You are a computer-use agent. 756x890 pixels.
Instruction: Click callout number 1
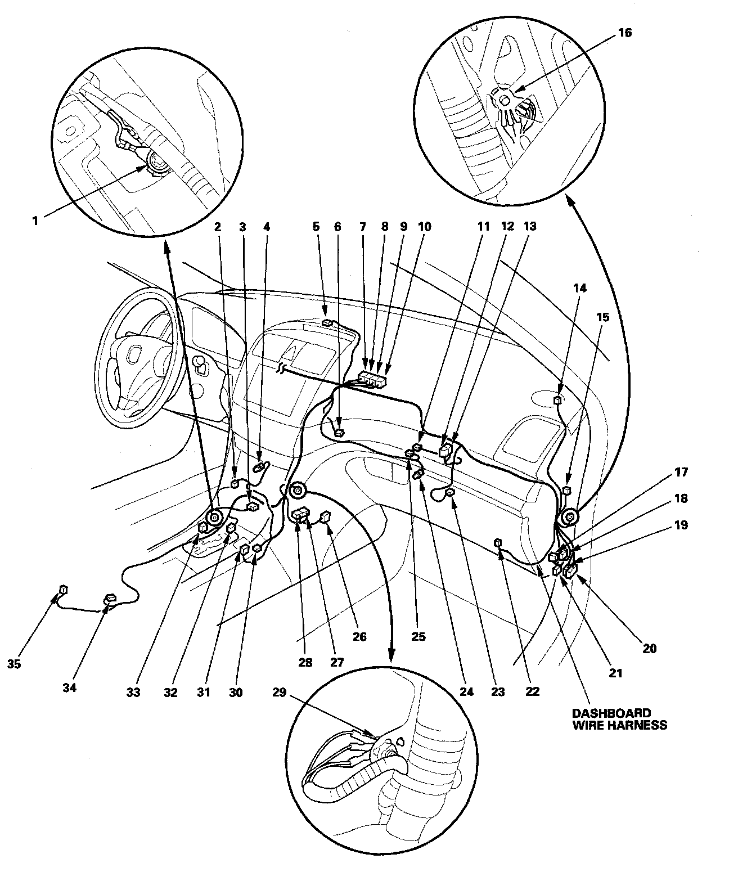point(35,221)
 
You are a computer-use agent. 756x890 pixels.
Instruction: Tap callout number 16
point(625,33)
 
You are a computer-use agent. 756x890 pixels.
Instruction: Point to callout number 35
point(15,664)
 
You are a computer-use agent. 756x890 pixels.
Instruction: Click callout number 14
point(580,288)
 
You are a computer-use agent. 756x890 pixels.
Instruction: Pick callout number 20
point(649,648)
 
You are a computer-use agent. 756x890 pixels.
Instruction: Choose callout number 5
point(316,227)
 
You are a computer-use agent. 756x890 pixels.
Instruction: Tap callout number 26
point(359,637)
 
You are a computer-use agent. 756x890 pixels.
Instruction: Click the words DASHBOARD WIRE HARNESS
point(619,719)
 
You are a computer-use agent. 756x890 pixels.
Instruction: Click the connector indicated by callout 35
point(64,590)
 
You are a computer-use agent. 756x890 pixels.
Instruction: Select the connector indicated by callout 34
point(109,599)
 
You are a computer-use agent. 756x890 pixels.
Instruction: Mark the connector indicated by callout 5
point(327,323)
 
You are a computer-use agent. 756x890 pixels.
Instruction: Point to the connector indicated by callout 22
point(498,542)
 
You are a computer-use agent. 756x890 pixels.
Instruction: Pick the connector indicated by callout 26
point(326,516)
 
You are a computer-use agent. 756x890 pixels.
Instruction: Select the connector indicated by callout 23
point(451,493)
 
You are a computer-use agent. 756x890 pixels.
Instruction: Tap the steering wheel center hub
point(134,355)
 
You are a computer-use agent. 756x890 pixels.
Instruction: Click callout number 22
point(533,692)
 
